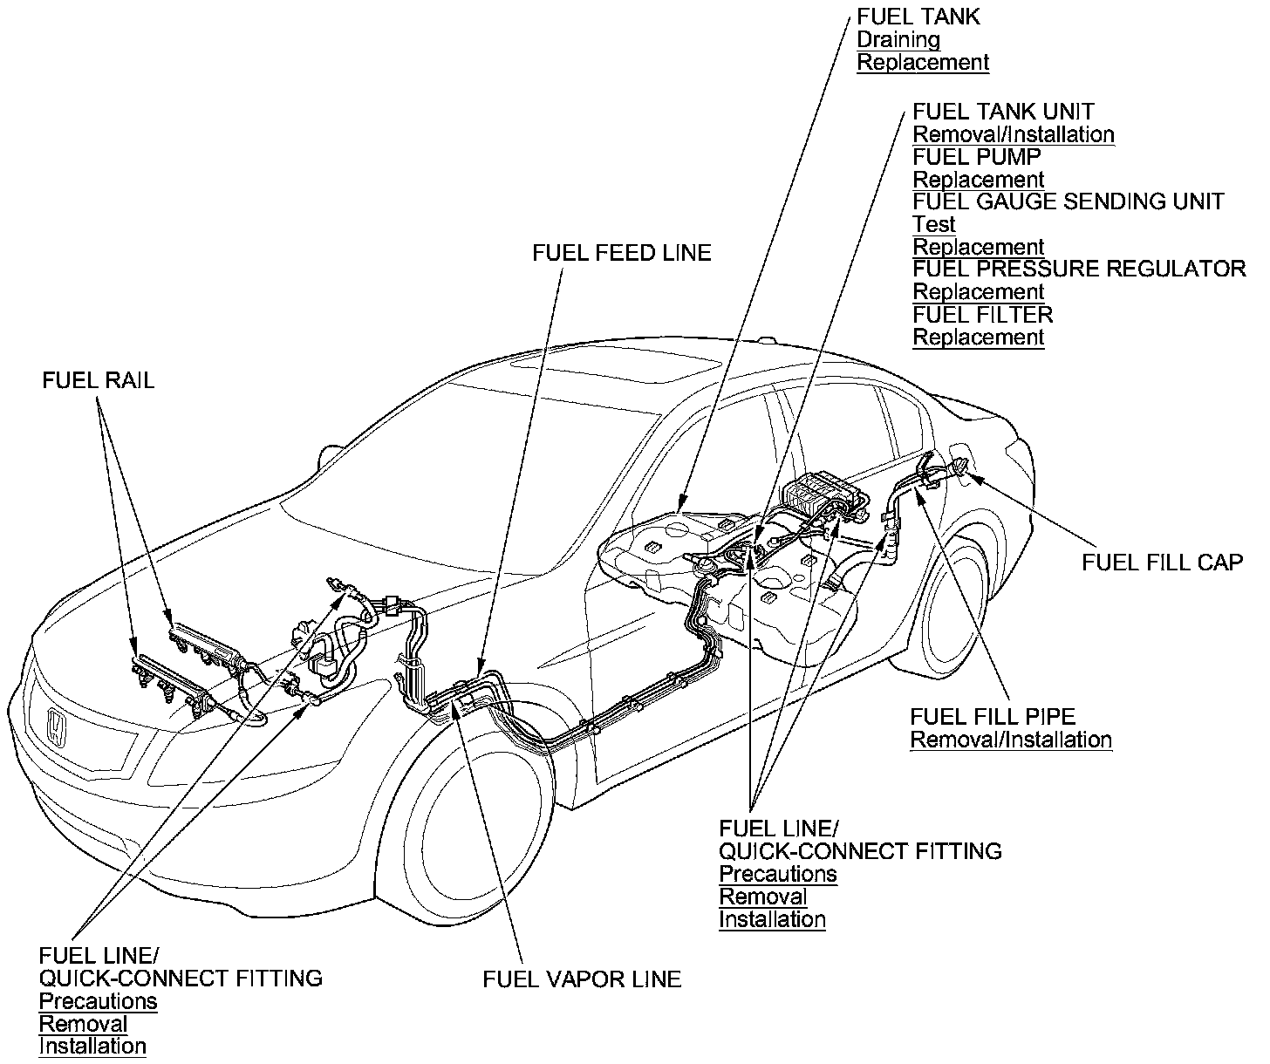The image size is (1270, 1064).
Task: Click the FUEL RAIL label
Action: pyautogui.click(x=98, y=380)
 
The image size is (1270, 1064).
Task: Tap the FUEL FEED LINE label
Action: pyautogui.click(x=622, y=253)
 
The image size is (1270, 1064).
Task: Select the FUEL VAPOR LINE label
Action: pyautogui.click(x=582, y=979)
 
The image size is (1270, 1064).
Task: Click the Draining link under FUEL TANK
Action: pyautogui.click(x=898, y=40)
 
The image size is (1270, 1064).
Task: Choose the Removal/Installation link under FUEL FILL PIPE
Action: pyautogui.click(x=1011, y=740)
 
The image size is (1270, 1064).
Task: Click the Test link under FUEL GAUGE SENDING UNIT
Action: pyautogui.click(x=933, y=224)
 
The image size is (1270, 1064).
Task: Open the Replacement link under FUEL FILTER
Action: pyautogui.click(x=978, y=338)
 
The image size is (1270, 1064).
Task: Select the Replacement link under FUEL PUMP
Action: pyautogui.click(x=978, y=180)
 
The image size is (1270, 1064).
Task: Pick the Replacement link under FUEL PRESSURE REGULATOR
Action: pyautogui.click(x=978, y=292)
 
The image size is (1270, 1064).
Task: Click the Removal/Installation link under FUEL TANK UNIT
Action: pyautogui.click(x=1013, y=134)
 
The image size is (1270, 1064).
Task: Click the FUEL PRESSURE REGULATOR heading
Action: pyautogui.click(x=1079, y=269)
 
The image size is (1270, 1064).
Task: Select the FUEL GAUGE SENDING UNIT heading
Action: pyautogui.click(x=1068, y=201)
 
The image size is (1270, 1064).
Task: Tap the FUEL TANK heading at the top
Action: pyautogui.click(x=918, y=17)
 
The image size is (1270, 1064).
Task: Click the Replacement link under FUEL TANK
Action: pyautogui.click(x=923, y=63)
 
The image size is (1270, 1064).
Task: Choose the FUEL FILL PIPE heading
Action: pyautogui.click(x=993, y=717)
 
